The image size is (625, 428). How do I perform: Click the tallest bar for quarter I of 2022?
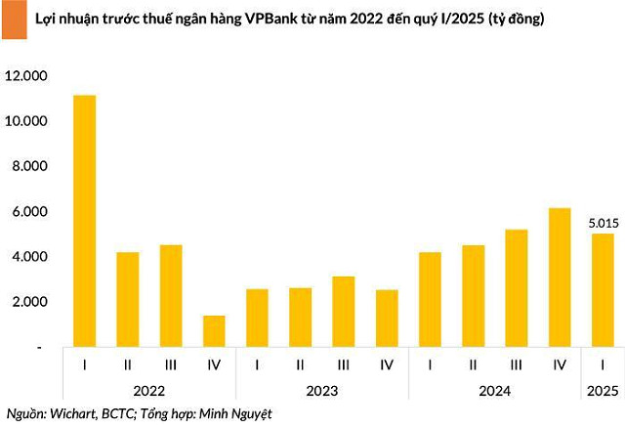(x=85, y=221)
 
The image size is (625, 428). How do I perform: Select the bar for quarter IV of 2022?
(x=214, y=331)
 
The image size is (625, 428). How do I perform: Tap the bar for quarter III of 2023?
(x=344, y=312)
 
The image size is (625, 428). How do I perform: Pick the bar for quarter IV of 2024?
(x=560, y=278)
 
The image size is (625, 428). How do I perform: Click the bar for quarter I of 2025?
(x=603, y=290)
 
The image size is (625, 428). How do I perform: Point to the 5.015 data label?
(x=604, y=223)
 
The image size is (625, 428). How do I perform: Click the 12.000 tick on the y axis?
(x=26, y=75)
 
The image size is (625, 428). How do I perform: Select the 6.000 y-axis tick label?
(x=29, y=211)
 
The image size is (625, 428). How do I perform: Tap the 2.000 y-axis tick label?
(x=29, y=302)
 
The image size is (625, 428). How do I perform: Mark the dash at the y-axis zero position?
(x=39, y=348)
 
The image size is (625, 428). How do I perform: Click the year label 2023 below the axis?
(x=322, y=391)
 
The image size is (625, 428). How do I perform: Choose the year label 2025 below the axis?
(x=603, y=391)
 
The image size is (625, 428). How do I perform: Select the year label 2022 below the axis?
(x=149, y=391)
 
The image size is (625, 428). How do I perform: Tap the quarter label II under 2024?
(x=473, y=364)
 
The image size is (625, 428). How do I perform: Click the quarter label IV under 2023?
(x=387, y=364)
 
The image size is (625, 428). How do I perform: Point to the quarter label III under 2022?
(x=171, y=364)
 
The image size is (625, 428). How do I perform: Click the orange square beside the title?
(x=15, y=20)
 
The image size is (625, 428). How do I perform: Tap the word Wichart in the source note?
(x=73, y=413)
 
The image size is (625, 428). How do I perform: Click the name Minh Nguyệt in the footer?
(x=235, y=414)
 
